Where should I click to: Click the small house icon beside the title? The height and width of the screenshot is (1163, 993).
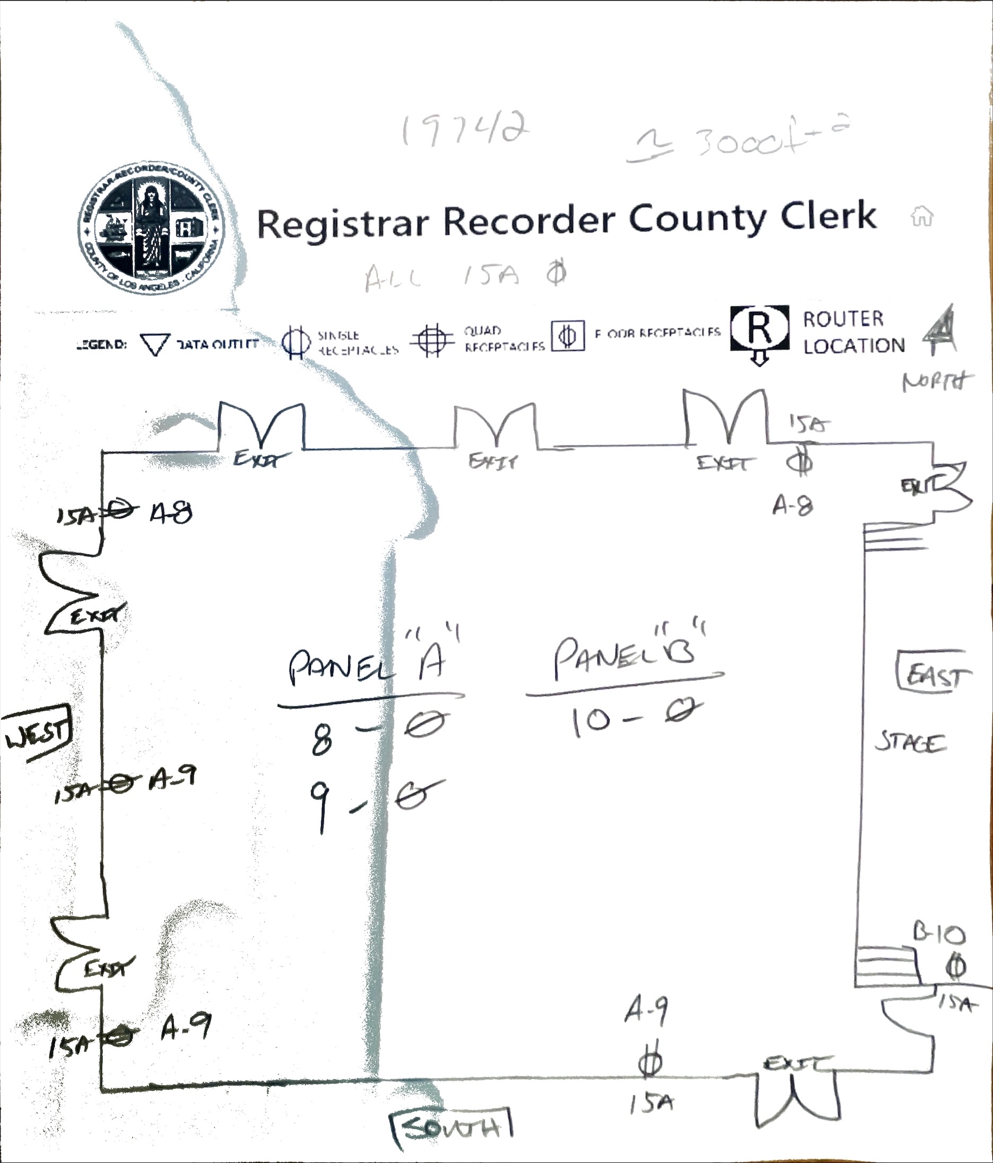(922, 216)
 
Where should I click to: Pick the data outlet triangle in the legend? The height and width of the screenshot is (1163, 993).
(155, 344)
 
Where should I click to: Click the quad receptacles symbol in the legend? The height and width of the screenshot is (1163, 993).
(432, 339)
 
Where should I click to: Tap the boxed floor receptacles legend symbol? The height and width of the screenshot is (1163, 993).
(568, 336)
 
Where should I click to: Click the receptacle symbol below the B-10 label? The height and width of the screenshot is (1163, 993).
(956, 967)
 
